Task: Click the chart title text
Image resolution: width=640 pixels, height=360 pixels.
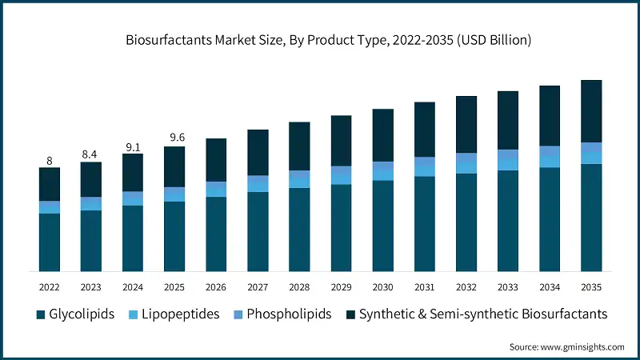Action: [x=320, y=38]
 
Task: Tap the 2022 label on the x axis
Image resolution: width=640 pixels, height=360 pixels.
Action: [x=50, y=286]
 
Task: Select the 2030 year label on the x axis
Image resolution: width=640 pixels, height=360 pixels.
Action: [x=382, y=286]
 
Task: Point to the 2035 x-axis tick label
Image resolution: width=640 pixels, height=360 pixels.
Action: [x=590, y=286]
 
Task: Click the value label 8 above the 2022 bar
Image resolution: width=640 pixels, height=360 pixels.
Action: [x=50, y=161]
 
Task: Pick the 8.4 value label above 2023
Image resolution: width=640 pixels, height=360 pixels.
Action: [x=91, y=154]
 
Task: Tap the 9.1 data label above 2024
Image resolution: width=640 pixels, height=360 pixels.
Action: [x=133, y=146]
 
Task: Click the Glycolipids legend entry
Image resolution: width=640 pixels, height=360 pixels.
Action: [x=78, y=314]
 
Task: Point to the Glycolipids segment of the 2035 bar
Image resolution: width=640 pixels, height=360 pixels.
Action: [x=590, y=217]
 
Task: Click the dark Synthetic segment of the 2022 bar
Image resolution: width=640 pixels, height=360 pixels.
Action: [x=50, y=184]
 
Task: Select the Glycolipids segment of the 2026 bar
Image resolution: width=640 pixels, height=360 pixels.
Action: [x=216, y=233]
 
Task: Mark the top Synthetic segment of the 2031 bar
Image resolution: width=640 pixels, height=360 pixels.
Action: [x=424, y=130]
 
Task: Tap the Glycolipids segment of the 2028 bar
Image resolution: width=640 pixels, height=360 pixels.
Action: [x=299, y=229]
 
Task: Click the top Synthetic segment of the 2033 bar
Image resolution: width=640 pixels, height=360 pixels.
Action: [x=507, y=120]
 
